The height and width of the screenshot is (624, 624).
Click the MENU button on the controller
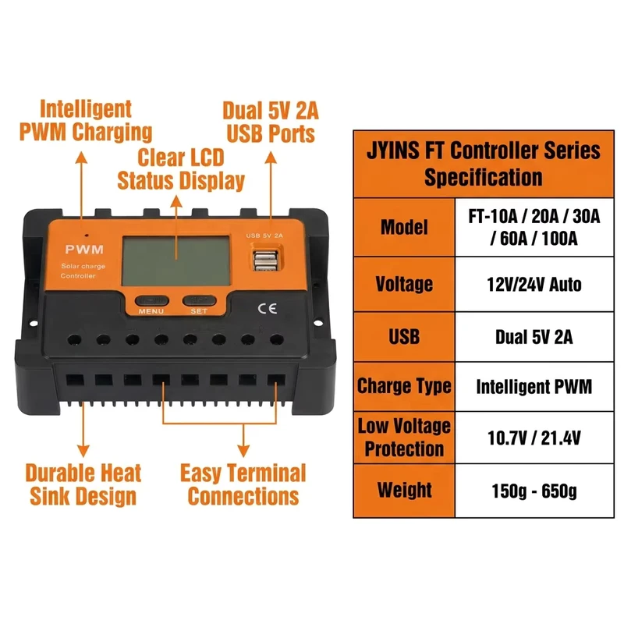click(x=151, y=301)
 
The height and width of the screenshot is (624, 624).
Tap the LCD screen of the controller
click(x=176, y=261)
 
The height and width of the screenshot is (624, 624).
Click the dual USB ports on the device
click(x=265, y=260)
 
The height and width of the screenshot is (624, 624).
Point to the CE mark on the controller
click(x=267, y=309)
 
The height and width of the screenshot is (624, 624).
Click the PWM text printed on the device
click(x=84, y=250)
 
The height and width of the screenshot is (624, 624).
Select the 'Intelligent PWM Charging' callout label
click(x=86, y=121)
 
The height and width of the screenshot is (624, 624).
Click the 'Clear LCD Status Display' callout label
click(x=181, y=169)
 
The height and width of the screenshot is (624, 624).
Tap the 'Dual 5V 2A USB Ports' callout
click(x=271, y=122)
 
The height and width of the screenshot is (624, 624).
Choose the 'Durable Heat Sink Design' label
click(x=83, y=484)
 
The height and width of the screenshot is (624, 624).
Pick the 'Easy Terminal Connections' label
click(x=243, y=484)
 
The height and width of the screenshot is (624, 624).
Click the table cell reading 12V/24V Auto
click(x=534, y=285)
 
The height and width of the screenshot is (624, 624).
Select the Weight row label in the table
click(x=404, y=491)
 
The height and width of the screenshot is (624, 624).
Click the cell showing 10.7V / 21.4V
click(x=534, y=438)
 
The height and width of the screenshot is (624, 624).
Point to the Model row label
click(x=404, y=227)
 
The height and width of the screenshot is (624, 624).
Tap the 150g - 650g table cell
click(x=534, y=491)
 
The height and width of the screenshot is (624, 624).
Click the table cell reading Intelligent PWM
click(x=534, y=386)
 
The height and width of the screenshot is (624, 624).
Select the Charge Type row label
click(x=404, y=386)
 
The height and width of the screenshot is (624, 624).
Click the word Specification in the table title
click(x=483, y=177)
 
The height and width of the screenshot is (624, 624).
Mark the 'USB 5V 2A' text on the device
click(x=264, y=236)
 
